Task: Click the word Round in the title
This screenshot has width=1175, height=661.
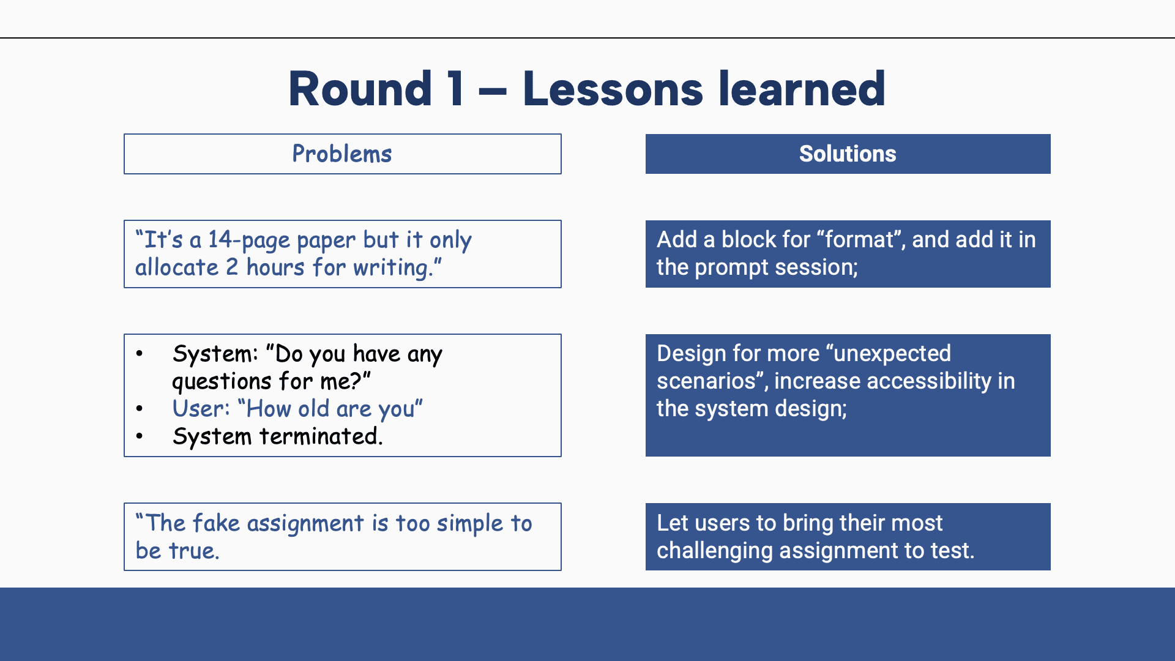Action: coord(360,89)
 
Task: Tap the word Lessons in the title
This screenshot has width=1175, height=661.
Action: coord(613,89)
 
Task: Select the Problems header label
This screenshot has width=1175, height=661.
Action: coord(342,154)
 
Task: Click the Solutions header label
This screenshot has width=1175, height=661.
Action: coord(848,154)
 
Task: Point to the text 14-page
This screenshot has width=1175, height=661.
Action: coord(249,241)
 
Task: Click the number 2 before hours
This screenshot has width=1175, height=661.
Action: coord(232,267)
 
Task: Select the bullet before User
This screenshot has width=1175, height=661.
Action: coord(140,409)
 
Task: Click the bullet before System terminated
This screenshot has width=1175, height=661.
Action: coord(140,436)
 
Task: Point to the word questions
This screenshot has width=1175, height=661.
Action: coord(222,382)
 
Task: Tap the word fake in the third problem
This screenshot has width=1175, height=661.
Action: coord(216,523)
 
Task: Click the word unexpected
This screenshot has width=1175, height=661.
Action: coord(892,354)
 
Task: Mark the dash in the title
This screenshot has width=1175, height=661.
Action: coord(493,94)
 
